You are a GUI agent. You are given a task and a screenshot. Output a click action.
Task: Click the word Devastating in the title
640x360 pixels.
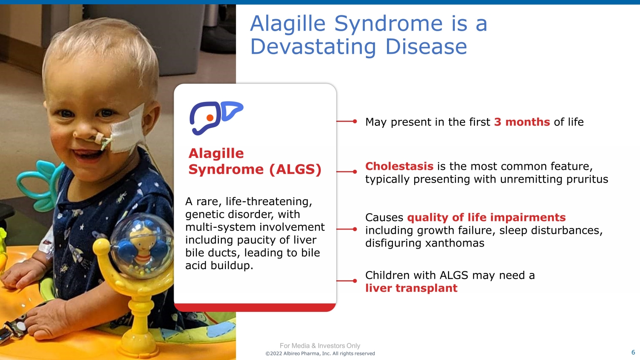coord(313,46)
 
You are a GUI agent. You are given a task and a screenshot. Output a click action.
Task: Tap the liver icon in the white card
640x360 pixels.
coord(216,118)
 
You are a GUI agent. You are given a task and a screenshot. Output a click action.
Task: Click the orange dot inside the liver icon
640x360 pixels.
coord(210,118)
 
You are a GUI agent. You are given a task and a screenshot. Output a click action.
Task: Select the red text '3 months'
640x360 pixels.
coord(522,122)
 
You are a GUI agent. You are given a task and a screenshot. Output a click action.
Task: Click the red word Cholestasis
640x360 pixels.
coord(399,166)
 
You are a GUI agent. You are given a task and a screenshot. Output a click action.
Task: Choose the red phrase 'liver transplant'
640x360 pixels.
coord(411,288)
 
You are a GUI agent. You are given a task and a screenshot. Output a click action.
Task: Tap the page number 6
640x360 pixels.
coord(633,352)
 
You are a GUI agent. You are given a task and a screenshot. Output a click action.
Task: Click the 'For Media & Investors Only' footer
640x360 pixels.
coord(320,346)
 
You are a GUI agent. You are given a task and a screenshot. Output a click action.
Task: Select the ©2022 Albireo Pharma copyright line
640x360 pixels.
coord(320,354)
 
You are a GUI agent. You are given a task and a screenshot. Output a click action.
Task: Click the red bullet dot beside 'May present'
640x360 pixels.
coord(355,122)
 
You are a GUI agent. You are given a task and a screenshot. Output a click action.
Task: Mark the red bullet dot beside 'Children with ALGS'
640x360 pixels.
coord(355,281)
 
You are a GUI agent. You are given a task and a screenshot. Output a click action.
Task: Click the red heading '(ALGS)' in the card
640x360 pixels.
coord(295,169)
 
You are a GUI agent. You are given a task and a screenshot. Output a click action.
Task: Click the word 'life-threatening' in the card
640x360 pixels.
coord(269,202)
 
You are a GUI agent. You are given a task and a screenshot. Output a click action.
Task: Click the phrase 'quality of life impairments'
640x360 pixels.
coord(486,218)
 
